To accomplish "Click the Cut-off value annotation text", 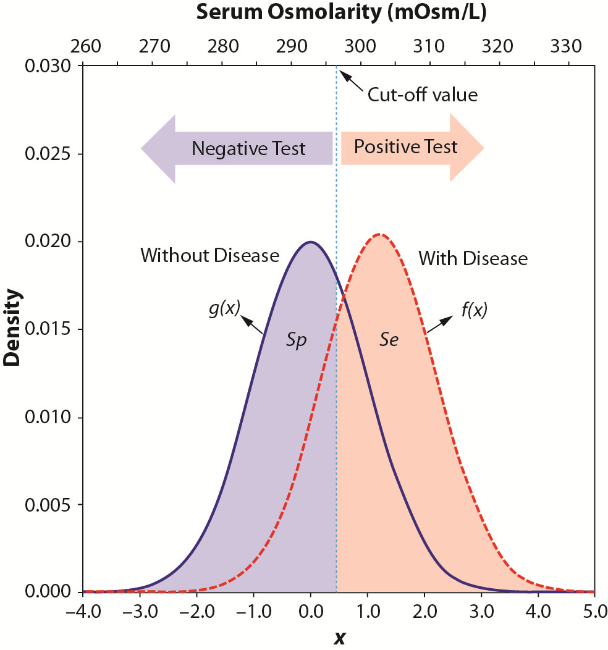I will coord(423,95).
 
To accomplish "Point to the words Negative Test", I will coord(248,149).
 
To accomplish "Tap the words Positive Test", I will coord(405,147).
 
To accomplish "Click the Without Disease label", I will coord(210,255).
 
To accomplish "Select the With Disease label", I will coord(473,258).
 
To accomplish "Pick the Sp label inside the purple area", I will coord(296,340).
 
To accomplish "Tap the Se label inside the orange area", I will coord(389,340).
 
